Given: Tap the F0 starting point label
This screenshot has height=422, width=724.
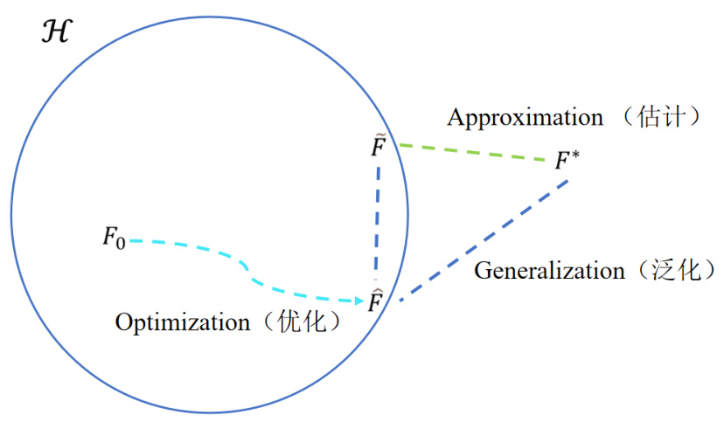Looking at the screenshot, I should (114, 237).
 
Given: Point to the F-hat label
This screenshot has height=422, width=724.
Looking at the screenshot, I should (376, 301).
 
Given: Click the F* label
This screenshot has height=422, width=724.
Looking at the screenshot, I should (567, 162).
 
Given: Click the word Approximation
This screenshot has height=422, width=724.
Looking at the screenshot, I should (525, 117).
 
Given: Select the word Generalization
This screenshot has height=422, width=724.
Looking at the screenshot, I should (549, 271).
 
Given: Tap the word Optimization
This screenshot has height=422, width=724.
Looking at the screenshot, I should (182, 322).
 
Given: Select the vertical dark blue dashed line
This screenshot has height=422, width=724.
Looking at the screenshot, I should (378, 218).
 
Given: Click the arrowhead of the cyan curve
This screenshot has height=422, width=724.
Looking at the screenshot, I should (359, 301).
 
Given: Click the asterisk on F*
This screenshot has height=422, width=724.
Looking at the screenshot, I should (574, 156).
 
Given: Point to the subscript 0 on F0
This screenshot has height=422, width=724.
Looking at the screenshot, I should (121, 242).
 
